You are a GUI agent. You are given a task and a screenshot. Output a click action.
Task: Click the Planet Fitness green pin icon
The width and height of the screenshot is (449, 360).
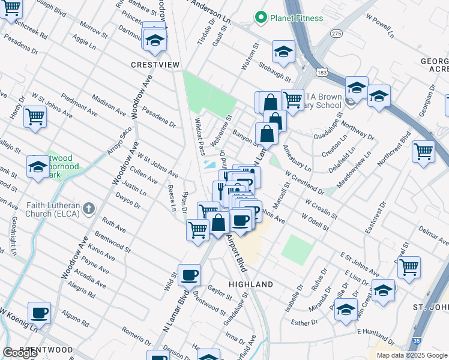click(x=261, y=18)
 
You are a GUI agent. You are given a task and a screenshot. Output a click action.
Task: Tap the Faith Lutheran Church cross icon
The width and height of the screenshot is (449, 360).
click(x=89, y=209)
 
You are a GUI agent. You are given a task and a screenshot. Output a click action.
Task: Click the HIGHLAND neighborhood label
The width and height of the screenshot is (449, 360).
click(x=251, y=284)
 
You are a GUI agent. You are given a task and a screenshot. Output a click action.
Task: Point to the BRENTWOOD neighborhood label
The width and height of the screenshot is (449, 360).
click(x=46, y=349)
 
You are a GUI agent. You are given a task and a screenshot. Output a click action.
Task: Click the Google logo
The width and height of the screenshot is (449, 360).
click(x=20, y=353)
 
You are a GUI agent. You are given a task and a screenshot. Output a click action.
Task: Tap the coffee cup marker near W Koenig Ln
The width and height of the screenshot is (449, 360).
click(x=39, y=313)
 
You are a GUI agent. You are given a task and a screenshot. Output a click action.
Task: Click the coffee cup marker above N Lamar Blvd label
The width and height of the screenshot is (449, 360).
click(x=189, y=275)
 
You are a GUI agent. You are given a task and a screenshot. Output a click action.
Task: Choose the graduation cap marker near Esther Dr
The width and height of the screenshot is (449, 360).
click(x=346, y=310)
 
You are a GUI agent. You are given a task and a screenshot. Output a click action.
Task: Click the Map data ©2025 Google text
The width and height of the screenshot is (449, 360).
click(x=412, y=355)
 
